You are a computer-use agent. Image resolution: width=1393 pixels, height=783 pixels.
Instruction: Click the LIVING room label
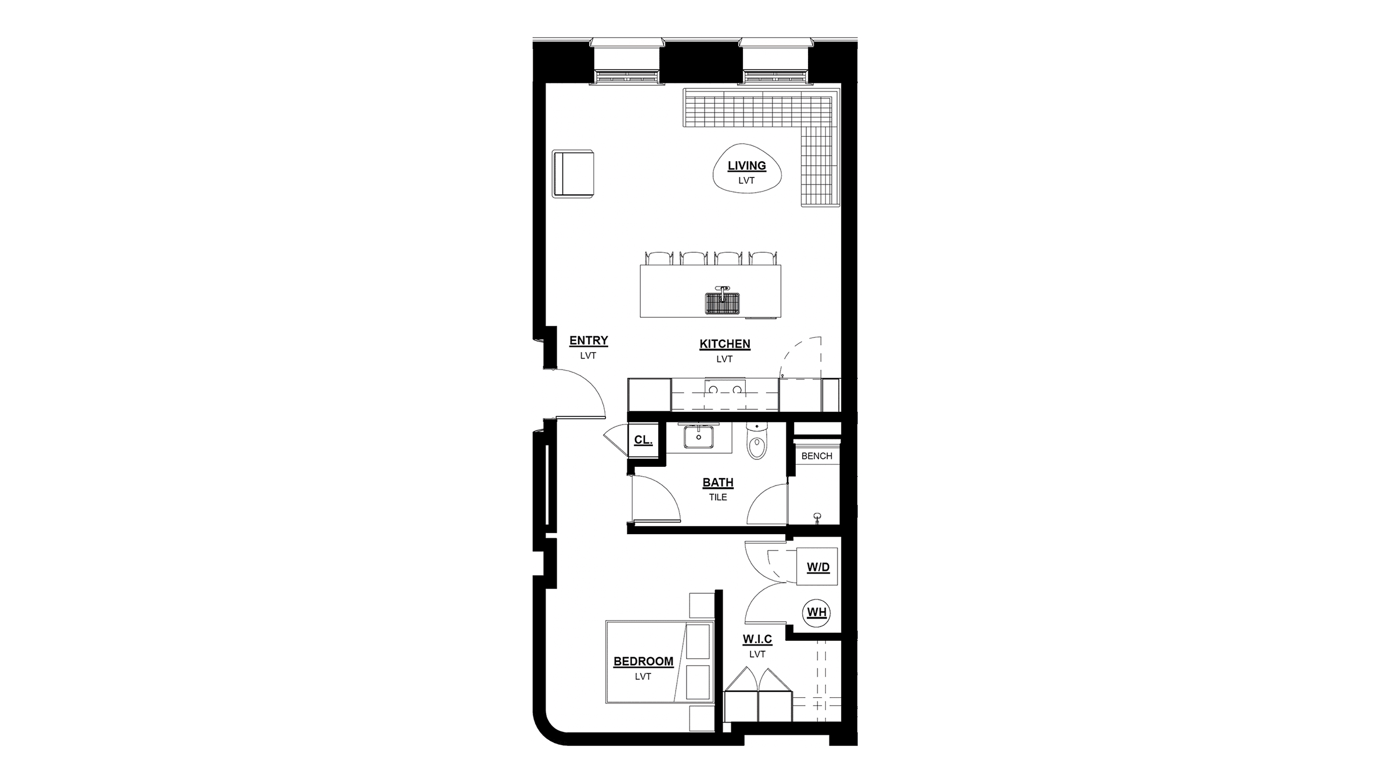(x=746, y=166)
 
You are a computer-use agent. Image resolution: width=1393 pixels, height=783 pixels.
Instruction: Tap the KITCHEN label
(x=724, y=344)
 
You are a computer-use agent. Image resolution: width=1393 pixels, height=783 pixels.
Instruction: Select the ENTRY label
(x=589, y=340)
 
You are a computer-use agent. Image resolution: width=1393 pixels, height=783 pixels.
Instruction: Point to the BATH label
(x=718, y=483)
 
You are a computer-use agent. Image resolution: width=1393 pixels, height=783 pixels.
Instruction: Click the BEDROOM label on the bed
(x=643, y=661)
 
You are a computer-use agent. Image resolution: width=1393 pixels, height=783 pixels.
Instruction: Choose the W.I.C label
(x=757, y=639)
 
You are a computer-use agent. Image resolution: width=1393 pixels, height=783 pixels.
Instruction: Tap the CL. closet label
(x=643, y=440)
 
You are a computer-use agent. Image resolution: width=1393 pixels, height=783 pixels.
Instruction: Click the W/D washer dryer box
(x=817, y=566)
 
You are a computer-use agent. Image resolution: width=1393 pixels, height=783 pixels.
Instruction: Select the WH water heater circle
(x=817, y=612)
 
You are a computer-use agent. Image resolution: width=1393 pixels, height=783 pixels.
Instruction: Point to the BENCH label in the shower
(x=817, y=456)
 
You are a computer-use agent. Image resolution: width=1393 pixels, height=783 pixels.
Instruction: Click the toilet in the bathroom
(x=757, y=440)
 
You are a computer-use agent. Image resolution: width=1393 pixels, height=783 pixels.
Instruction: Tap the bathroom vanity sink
(x=698, y=437)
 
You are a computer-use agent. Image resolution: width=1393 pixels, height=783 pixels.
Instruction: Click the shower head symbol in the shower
(x=818, y=517)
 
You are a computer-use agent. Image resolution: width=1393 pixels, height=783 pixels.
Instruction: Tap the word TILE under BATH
(x=718, y=497)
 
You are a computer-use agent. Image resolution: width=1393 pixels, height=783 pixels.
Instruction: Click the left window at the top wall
(x=626, y=61)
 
